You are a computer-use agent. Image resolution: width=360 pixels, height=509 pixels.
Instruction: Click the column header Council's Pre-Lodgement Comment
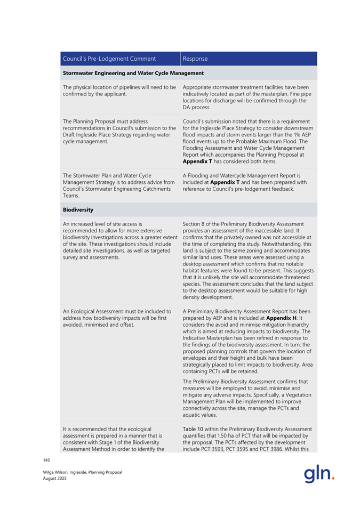tap(109, 59)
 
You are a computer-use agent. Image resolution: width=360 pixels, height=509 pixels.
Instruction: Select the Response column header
tap(195, 59)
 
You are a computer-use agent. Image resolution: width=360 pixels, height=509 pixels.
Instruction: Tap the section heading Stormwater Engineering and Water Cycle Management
tap(133, 73)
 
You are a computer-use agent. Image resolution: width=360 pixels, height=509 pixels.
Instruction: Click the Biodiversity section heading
tap(78, 210)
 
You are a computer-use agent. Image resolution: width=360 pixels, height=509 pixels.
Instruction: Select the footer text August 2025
tap(55, 479)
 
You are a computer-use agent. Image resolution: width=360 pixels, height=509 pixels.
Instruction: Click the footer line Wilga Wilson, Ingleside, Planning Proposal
tap(83, 472)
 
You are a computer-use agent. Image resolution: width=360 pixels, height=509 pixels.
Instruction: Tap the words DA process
tap(198, 107)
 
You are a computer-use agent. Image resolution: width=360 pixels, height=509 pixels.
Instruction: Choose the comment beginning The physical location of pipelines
tap(119, 90)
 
